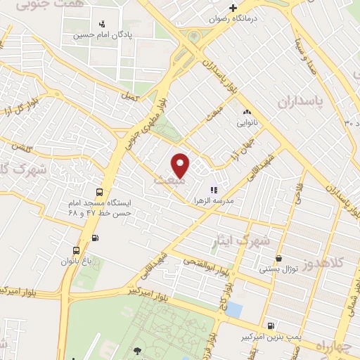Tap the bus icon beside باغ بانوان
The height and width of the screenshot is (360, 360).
[x=75, y=250]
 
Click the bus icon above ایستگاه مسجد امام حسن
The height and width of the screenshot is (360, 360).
[x=98, y=191]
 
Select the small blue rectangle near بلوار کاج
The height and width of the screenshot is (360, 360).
[x=235, y=309]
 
